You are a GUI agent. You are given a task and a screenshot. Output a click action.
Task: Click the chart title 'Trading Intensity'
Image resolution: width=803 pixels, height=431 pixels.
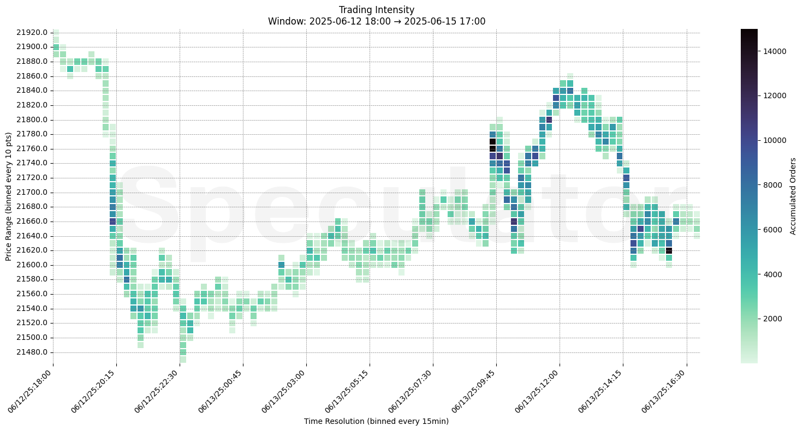click(x=376, y=10)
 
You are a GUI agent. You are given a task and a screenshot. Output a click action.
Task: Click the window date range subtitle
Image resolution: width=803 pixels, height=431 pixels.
click(x=376, y=21)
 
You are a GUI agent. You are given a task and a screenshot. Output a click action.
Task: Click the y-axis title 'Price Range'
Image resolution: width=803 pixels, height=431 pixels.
click(x=9, y=196)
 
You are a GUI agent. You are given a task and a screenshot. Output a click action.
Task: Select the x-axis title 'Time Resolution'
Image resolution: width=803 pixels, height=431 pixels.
click(x=376, y=421)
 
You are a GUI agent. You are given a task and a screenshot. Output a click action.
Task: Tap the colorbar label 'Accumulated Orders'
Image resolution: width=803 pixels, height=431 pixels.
click(x=793, y=196)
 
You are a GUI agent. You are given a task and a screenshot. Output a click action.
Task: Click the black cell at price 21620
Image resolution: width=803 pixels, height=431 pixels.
click(x=669, y=250)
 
